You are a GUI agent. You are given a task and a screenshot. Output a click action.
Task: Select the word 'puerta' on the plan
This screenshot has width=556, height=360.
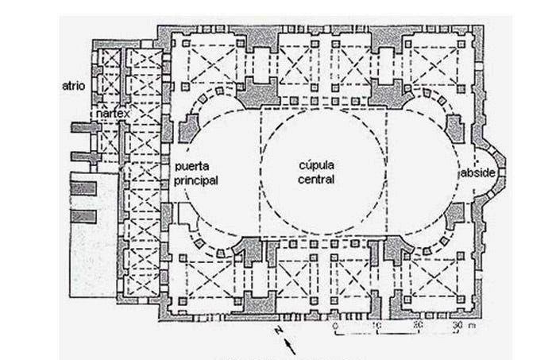195,167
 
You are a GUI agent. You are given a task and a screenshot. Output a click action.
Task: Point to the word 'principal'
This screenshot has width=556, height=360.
196,180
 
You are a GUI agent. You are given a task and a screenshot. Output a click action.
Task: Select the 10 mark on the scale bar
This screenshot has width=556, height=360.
376,325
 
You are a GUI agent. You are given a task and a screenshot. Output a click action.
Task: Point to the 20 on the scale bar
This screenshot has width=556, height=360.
417,325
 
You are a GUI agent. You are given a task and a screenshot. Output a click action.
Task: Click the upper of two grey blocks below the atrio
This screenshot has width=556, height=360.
87,188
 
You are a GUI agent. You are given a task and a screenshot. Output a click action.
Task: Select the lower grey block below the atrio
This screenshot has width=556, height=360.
87,216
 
